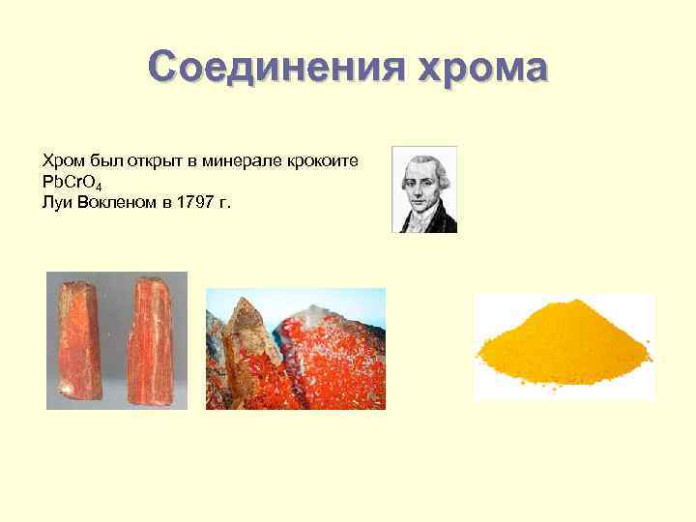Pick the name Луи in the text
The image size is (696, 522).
(x=56, y=201)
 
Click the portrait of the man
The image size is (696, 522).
(x=423, y=189)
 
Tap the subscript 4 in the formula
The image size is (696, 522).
(x=101, y=184)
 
